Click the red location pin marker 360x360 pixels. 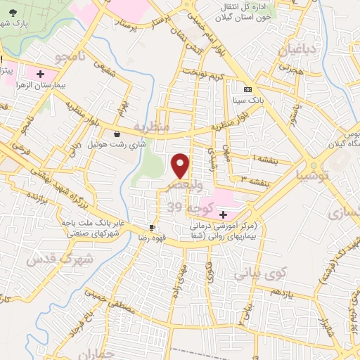pyautogui.click(x=181, y=166)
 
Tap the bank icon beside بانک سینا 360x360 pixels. pyautogui.click(x=247, y=90)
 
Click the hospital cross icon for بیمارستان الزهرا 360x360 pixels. pyautogui.click(x=40, y=73)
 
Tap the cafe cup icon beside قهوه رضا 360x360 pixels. pyautogui.click(x=152, y=227)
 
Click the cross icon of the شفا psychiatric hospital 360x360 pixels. pyautogui.click(x=223, y=214)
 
